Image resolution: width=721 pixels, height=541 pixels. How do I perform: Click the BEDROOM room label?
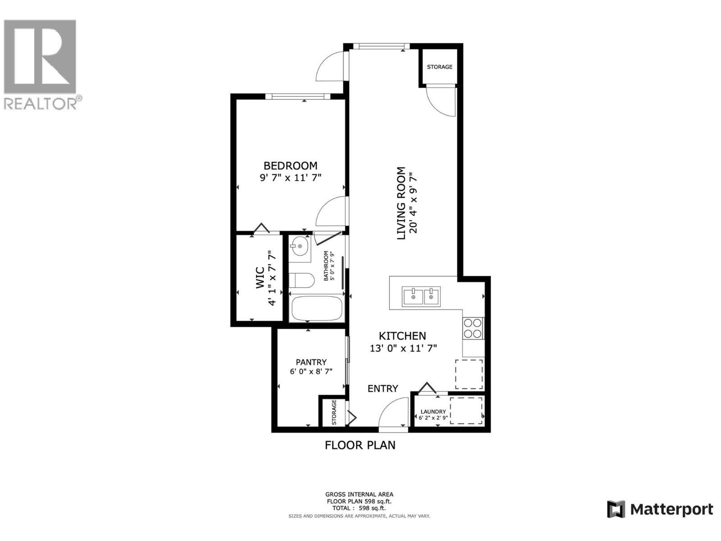tap(290, 165)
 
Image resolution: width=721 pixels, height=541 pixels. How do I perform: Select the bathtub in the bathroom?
tap(316, 308)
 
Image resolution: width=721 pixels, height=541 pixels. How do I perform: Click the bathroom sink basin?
tap(299, 247)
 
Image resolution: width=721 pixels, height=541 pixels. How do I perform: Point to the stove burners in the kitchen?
tap(473, 328)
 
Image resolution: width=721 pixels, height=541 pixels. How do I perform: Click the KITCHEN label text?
tap(402, 336)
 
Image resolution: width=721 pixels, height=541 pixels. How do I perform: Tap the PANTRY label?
tap(311, 362)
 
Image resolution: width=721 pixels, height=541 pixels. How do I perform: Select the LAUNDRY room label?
tap(433, 412)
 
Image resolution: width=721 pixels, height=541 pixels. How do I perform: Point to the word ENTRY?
tap(383, 389)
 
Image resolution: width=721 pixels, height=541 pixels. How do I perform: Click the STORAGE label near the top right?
tap(439, 67)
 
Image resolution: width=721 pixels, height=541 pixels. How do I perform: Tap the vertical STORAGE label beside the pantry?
tap(334, 412)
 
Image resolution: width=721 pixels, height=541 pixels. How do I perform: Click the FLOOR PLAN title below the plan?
tap(360, 445)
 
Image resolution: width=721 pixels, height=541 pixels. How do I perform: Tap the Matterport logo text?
tap(671, 509)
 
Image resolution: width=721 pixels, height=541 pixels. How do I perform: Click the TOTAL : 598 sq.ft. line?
tap(359, 508)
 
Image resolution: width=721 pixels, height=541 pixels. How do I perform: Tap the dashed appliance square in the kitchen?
tap(469, 374)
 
